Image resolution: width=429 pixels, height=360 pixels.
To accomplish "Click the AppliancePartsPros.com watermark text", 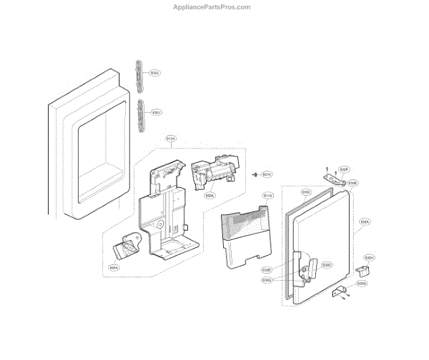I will [213, 7].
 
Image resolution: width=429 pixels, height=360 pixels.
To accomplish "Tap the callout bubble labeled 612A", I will [171, 137].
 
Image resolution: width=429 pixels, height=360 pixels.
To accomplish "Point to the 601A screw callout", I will [267, 174].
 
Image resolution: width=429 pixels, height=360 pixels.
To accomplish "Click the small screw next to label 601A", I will [255, 174].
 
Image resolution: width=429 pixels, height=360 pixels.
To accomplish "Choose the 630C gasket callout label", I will [305, 192].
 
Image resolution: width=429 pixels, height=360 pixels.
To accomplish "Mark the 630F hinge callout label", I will [344, 169].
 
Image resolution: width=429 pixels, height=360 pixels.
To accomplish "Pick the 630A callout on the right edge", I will [364, 222].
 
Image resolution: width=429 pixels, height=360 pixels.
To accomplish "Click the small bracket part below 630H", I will [365, 271].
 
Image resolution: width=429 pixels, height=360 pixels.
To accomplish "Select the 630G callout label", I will [363, 284].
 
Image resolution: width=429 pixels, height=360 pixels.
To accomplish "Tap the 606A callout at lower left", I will [114, 268].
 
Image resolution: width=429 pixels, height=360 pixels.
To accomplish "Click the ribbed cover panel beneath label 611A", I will [243, 236].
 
